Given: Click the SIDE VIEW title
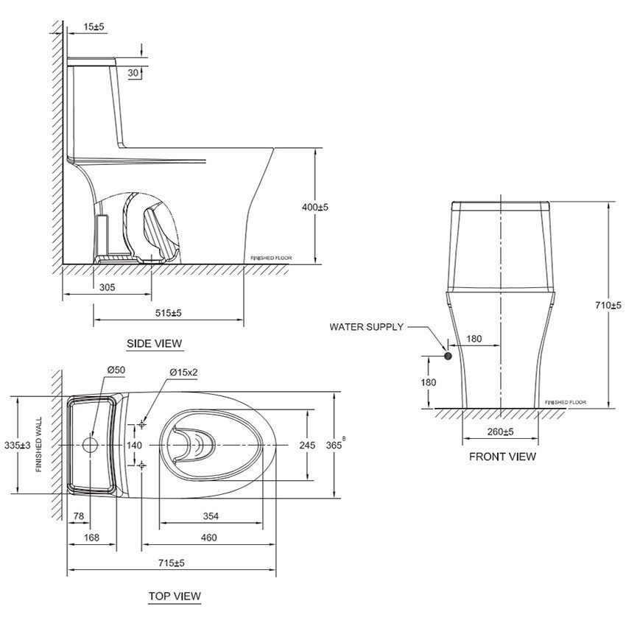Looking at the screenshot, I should pyautogui.click(x=154, y=343).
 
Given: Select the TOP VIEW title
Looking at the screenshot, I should pyautogui.click(x=174, y=596).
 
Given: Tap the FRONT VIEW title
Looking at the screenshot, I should pyautogui.click(x=502, y=457).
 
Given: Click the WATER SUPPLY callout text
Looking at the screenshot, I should pyautogui.click(x=366, y=327).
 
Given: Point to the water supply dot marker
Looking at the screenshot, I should pyautogui.click(x=448, y=356).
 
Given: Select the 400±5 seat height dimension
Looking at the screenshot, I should pyautogui.click(x=314, y=208).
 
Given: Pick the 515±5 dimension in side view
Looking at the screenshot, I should pyautogui.click(x=168, y=313).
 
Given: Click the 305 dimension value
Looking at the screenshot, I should pyautogui.click(x=107, y=288).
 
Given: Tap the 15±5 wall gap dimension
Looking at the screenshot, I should pyautogui.click(x=94, y=27).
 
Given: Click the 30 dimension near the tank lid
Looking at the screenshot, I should pyautogui.click(x=133, y=72).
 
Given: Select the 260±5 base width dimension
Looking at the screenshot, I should pyautogui.click(x=500, y=432).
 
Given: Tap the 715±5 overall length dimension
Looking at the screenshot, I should pyautogui.click(x=171, y=563).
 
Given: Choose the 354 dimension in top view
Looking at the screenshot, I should pyautogui.click(x=211, y=517).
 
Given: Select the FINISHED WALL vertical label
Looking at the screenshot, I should pyautogui.click(x=39, y=446).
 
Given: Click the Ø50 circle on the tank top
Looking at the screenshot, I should pyautogui.click(x=91, y=446).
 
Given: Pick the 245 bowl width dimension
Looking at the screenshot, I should pyautogui.click(x=307, y=446).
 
